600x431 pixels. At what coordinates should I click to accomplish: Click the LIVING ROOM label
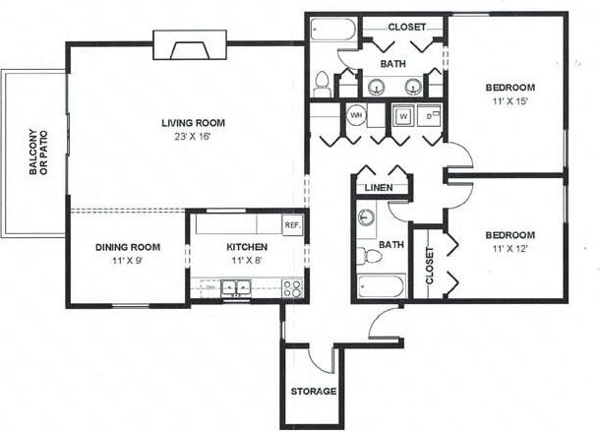[x=194, y=123]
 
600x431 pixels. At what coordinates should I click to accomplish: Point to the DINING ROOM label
[x=128, y=247]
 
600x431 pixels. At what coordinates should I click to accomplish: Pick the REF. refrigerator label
[x=292, y=224]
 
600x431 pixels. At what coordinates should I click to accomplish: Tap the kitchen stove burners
[x=292, y=288]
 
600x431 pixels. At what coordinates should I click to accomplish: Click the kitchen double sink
[x=236, y=288]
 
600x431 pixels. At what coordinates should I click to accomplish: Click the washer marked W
[x=402, y=116]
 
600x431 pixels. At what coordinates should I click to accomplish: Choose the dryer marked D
[x=430, y=116]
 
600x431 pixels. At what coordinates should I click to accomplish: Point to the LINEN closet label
[x=379, y=187]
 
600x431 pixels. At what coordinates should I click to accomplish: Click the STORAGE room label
[x=314, y=392]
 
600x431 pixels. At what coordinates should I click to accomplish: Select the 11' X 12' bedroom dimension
[x=510, y=249]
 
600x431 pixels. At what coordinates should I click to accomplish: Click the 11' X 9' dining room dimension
[x=128, y=261]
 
